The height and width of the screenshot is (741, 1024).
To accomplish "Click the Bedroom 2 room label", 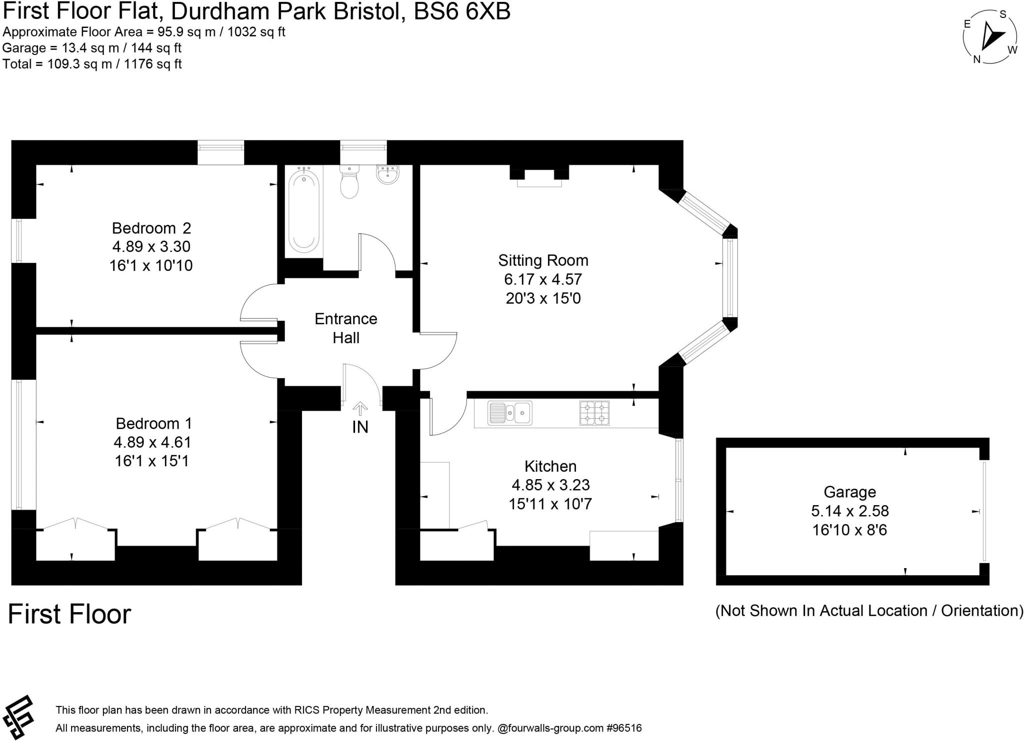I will (151, 228).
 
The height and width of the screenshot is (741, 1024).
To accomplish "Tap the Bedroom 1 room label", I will (153, 424).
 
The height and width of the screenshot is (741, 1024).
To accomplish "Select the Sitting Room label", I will (543, 260).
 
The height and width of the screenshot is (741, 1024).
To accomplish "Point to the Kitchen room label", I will (550, 466).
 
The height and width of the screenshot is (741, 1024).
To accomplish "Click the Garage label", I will (849, 492).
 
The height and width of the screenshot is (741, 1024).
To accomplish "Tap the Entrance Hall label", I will (345, 328).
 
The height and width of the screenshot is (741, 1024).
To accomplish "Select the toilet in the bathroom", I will (349, 183).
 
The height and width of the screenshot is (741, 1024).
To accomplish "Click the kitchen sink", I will (510, 413).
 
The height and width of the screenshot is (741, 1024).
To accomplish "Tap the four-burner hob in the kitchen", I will (594, 413).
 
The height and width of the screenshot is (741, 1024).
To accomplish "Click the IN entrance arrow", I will (360, 409).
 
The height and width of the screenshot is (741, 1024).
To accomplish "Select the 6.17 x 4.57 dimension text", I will (543, 279).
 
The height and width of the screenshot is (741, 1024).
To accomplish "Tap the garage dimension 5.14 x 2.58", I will (849, 511).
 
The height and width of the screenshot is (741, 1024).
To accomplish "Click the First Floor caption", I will (69, 614).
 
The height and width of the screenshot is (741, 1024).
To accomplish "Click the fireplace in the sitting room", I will (539, 178).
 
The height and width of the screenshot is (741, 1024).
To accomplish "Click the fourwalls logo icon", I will (18, 717).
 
